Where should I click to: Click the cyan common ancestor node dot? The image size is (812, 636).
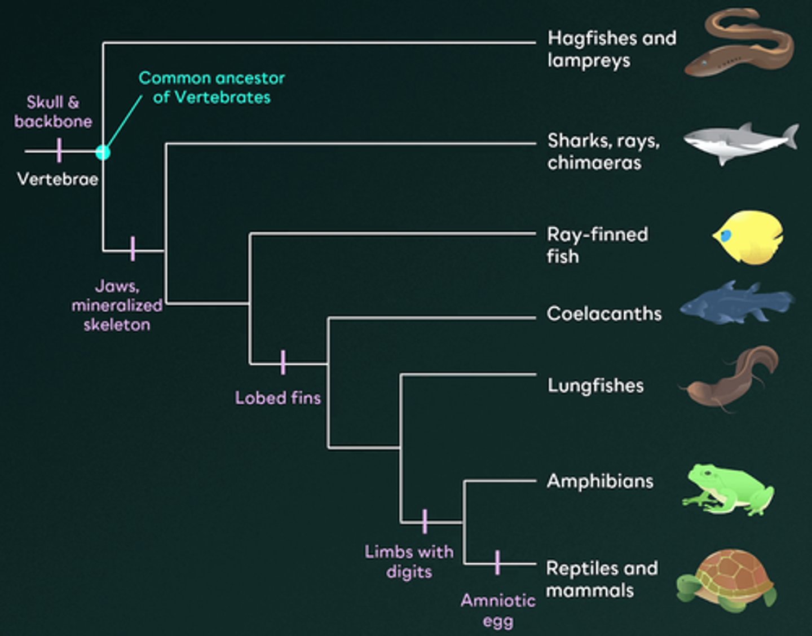[103, 152]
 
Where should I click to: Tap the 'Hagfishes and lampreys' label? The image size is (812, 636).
[611, 49]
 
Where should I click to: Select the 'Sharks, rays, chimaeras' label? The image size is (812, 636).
[603, 151]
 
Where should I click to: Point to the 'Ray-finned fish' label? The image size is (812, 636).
[597, 245]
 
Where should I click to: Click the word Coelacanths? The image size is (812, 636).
[604, 313]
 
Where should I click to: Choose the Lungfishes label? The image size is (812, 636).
[595, 386]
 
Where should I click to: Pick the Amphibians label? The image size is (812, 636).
[600, 481]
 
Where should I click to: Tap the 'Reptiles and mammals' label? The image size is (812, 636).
[602, 579]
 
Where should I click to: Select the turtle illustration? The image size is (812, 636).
[727, 580]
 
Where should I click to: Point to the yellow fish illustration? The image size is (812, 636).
[748, 237]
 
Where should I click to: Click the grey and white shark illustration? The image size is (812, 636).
[740, 143]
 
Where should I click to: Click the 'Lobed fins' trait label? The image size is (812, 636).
[278, 398]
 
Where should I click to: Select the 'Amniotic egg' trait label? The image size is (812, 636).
[498, 610]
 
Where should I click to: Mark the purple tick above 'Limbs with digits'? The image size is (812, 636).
[425, 522]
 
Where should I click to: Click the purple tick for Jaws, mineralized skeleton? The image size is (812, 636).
[133, 249]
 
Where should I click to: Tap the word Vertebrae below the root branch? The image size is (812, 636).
[58, 179]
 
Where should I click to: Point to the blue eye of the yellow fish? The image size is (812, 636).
[726, 235]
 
